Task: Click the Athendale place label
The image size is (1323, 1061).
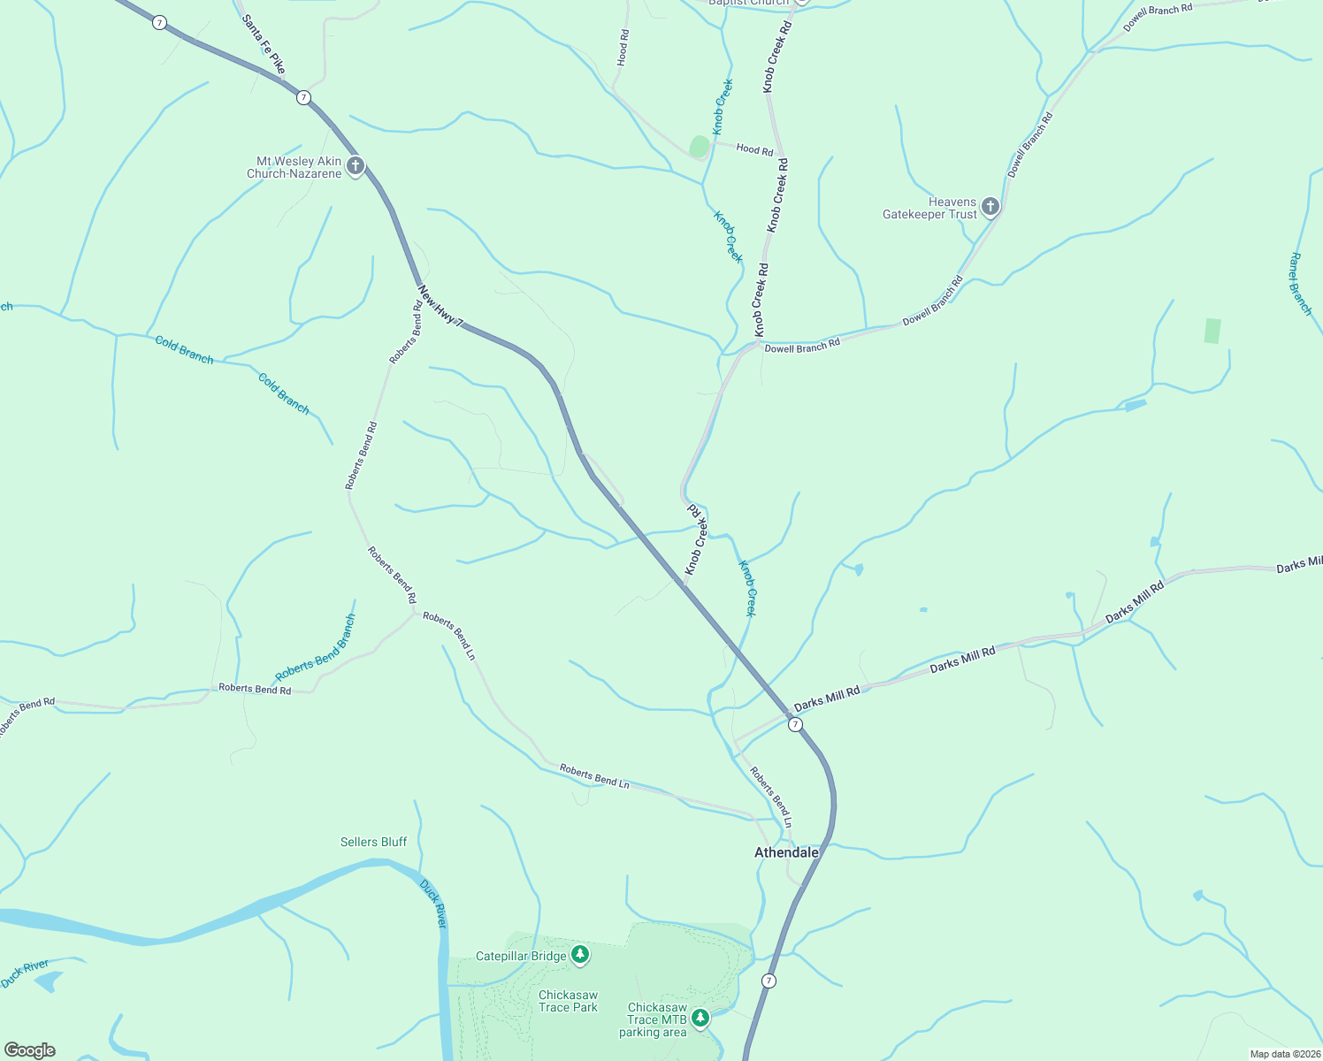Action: point(786,852)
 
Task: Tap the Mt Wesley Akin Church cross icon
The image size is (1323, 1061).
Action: point(356,166)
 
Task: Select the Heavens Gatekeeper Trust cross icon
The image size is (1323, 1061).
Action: point(990,207)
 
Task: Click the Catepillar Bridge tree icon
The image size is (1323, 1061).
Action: point(580,954)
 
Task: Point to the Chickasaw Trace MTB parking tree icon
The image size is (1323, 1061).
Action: point(700,1019)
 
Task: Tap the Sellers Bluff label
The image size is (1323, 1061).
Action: point(373,842)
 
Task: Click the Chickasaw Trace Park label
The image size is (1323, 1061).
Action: point(568,1001)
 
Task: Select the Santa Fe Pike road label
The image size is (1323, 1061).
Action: point(264,44)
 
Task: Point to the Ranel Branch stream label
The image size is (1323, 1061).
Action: point(1300,284)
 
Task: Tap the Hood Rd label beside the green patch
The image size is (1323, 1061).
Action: point(754,149)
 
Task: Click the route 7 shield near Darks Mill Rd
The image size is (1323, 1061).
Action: point(795,724)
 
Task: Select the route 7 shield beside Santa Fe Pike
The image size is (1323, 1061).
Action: point(303,97)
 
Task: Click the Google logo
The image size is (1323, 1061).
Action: point(30,1050)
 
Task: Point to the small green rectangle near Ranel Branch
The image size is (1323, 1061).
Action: point(1212,331)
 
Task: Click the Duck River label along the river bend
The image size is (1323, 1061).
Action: point(433,903)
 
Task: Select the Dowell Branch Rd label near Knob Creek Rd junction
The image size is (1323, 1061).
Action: point(802,346)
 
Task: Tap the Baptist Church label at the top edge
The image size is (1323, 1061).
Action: point(749,3)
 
